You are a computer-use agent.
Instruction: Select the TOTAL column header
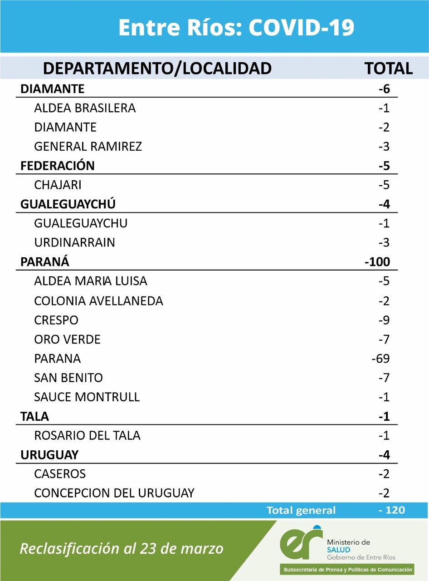coord(389,69)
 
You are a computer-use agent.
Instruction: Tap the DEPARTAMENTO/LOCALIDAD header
coord(157,69)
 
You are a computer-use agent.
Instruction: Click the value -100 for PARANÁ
coord(377,262)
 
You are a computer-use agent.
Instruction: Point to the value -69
coord(380,359)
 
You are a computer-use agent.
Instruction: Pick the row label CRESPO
coord(56,320)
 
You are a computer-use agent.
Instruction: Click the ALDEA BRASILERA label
coord(85,108)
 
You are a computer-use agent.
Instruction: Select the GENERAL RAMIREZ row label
coord(88,147)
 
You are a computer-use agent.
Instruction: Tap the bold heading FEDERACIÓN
coord(58,166)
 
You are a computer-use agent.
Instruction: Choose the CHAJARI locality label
coord(58,185)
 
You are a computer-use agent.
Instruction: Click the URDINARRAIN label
coord(74,243)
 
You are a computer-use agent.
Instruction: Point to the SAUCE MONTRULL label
coord(87,397)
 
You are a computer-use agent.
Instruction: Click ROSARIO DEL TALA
coord(87,436)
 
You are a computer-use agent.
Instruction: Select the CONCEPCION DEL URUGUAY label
coord(114,493)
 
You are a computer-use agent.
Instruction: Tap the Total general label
coord(301,511)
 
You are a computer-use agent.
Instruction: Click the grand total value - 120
coord(391,510)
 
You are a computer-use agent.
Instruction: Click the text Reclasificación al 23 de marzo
coord(122,549)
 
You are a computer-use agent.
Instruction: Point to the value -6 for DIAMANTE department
coord(384,89)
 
